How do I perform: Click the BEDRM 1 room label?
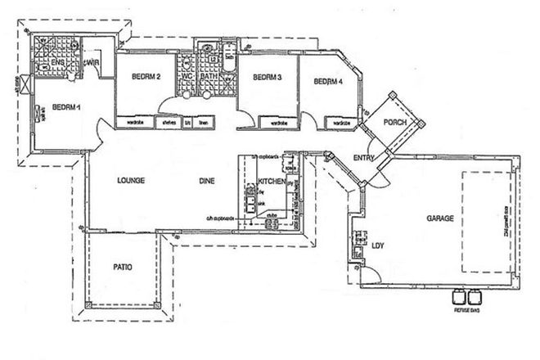(x=65, y=106)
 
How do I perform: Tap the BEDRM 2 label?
(x=145, y=78)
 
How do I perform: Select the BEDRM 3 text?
(x=267, y=78)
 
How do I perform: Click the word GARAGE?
(x=440, y=219)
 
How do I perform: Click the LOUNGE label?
(x=131, y=181)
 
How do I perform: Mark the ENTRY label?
(x=363, y=158)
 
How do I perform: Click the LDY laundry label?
(x=377, y=245)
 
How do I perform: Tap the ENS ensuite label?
(x=58, y=61)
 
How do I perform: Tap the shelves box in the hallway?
(x=169, y=123)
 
